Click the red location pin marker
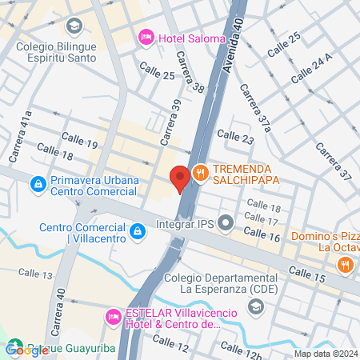point(180,176)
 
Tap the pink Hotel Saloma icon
point(146,36)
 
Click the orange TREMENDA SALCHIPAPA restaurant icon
point(200,170)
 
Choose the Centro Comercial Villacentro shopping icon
point(138,232)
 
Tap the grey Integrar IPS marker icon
point(226,222)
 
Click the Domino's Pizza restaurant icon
point(346,264)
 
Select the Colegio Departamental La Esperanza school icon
point(255,306)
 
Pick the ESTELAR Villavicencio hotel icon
point(114,318)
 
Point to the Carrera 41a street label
point(26,124)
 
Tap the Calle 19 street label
point(80,144)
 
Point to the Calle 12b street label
point(242,350)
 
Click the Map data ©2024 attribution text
point(325,354)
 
